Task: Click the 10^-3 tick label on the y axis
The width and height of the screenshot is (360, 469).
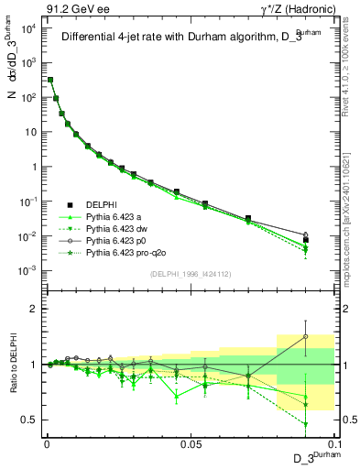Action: pos(26,271)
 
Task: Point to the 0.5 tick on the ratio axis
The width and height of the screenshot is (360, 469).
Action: pos(30,420)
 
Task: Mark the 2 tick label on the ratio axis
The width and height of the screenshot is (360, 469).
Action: pos(33,309)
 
